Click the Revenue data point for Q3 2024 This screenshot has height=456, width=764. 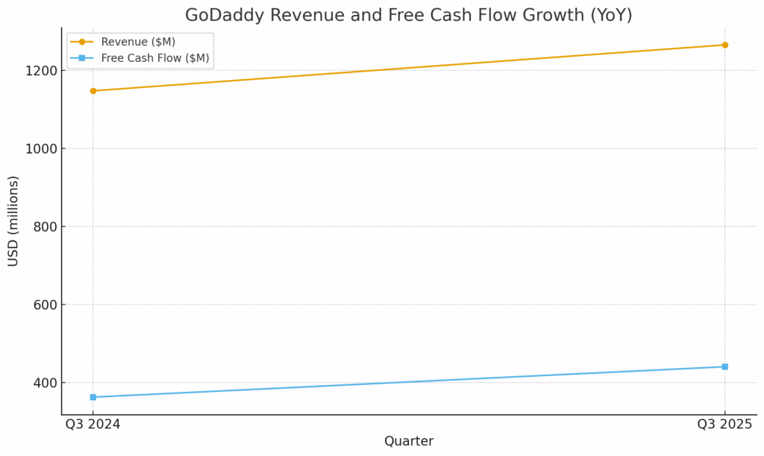[x=93, y=91]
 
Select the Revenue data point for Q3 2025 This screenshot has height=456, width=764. [x=724, y=45]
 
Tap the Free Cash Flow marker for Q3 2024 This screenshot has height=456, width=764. [x=93, y=397]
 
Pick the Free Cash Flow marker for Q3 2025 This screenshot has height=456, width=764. [x=724, y=366]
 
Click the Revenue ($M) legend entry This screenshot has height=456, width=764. [x=138, y=42]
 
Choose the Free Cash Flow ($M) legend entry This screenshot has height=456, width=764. [x=155, y=58]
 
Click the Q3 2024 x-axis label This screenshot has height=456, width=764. [x=93, y=424]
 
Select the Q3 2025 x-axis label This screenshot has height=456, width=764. [x=724, y=424]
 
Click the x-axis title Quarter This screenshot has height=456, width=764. [x=409, y=441]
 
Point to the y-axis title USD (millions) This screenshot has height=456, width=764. [x=13, y=221]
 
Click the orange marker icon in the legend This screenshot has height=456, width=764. [x=82, y=42]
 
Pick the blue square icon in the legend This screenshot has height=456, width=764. [x=82, y=58]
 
